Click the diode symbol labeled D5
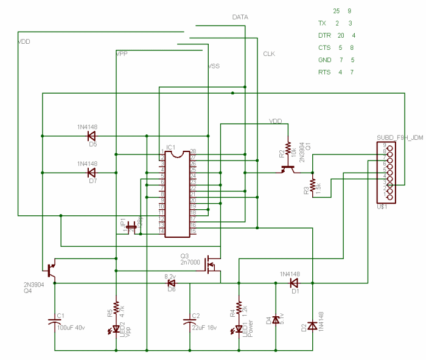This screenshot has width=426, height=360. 92,136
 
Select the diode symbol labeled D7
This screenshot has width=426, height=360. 92,173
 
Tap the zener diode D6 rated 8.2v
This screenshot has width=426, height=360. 171,283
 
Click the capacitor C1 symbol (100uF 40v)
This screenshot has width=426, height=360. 55,320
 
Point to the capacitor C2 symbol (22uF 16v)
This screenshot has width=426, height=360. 189,320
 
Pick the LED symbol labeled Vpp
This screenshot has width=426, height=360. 116,329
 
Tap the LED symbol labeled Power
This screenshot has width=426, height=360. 239,329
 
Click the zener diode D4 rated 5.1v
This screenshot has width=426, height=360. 276,319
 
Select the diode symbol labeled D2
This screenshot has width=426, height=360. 312,327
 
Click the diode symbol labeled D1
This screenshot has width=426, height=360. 295,283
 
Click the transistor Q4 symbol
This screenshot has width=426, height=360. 51,269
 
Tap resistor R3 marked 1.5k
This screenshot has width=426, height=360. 312,185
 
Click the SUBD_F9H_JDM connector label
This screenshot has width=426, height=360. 399,138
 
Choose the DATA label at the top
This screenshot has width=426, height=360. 240,17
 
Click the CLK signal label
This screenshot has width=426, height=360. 269,54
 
